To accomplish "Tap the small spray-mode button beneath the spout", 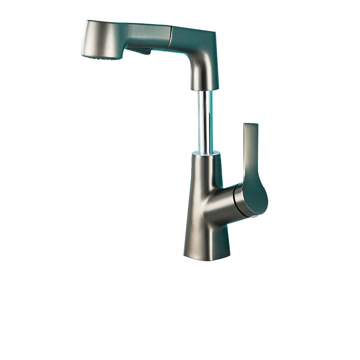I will [x=143, y=51].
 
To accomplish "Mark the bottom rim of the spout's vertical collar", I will [x=205, y=89].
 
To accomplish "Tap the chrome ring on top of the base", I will [x=206, y=154].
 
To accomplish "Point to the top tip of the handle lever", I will [x=250, y=125].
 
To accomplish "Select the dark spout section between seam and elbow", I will [x=187, y=36].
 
